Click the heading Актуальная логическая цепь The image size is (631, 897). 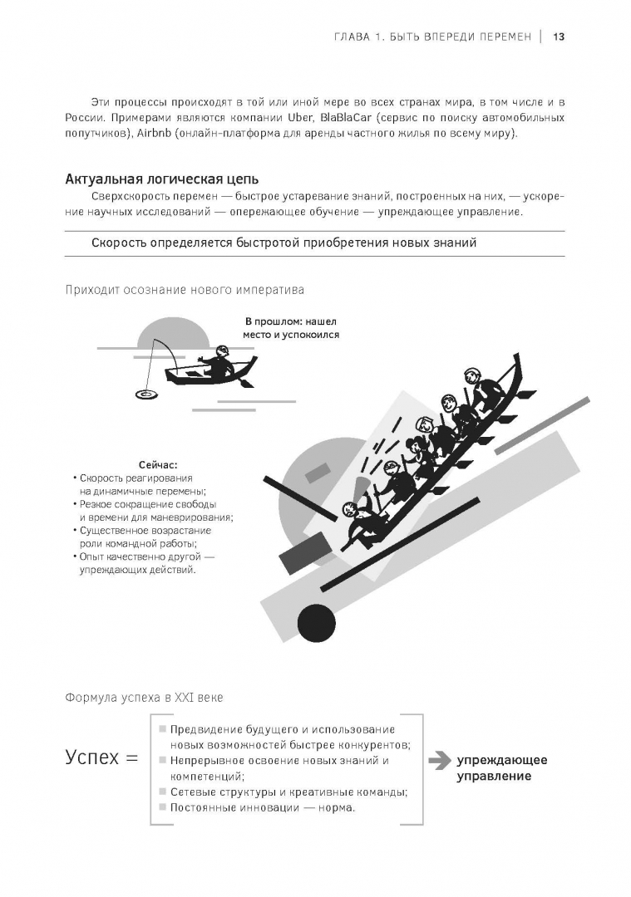coord(161,179)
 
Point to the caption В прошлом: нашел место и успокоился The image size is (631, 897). coord(291,328)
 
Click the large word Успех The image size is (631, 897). coord(92,757)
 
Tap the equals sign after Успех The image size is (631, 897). coord(131,758)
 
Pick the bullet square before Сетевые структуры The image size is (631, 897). coord(160,792)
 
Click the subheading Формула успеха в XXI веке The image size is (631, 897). coord(144,698)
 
